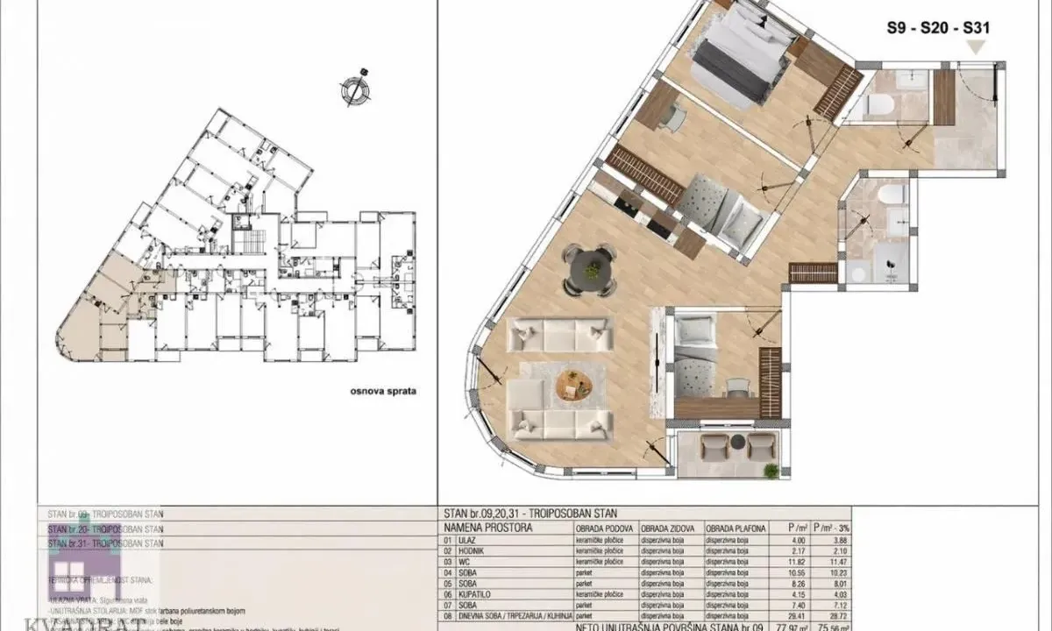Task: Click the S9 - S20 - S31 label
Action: [x=939, y=28]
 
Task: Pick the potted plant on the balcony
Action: [x=771, y=471]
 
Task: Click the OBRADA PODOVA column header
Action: [x=604, y=528]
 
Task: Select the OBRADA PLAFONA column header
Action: [x=737, y=528]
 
